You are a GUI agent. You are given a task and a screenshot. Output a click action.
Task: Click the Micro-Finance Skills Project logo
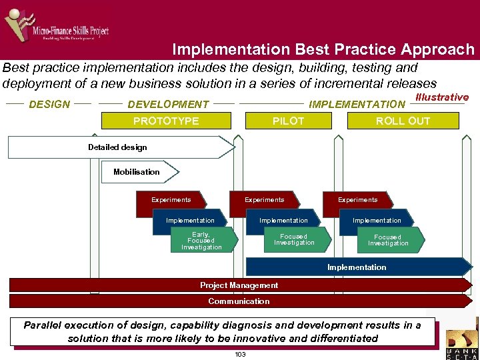[57, 27]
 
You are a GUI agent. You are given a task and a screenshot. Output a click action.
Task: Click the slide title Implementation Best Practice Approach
[323, 49]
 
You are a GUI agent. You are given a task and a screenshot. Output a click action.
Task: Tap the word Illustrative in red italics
[441, 97]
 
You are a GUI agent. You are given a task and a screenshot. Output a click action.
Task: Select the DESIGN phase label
[50, 104]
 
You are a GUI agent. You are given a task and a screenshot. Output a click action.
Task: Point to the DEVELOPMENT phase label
[168, 104]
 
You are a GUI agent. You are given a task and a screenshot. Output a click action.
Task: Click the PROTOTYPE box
[166, 121]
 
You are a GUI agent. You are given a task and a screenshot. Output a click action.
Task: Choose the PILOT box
[288, 121]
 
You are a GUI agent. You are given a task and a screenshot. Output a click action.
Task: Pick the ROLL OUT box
[403, 121]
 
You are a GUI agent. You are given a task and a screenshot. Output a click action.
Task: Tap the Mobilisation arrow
[139, 172]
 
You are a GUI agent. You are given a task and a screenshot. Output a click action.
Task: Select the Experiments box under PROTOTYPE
[171, 201]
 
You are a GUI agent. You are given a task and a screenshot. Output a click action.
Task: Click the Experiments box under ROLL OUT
[358, 201]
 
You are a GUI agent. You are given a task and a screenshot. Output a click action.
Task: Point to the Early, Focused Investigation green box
[202, 241]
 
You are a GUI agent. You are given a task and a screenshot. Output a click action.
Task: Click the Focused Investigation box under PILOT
[295, 240]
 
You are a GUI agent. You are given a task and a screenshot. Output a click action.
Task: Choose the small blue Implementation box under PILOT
[284, 221]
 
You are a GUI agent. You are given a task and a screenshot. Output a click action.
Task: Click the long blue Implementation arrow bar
[357, 267]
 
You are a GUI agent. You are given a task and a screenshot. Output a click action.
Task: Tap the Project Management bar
[239, 285]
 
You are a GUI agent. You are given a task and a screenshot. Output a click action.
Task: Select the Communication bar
[239, 301]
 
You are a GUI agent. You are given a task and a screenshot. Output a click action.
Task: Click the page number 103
[240, 354]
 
